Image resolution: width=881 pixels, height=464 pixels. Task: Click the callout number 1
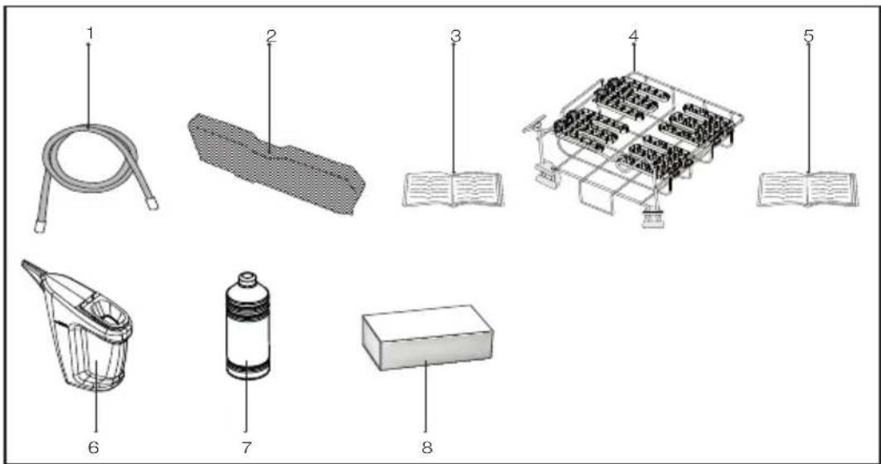pos(90,34)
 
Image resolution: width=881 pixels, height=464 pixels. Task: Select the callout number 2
pos(271,36)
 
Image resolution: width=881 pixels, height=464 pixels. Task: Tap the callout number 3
pos(455,36)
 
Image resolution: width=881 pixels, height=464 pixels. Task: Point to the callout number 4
pos(633,36)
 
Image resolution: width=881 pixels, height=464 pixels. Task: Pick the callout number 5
pos(809,36)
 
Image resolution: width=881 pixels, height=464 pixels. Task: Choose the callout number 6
pos(93,447)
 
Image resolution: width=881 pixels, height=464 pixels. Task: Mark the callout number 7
pos(246,447)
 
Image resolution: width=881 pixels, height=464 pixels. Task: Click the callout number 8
pos(427,447)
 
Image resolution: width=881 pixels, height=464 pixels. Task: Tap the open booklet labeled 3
pos(453,189)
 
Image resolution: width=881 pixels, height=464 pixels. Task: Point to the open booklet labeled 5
pos(807,189)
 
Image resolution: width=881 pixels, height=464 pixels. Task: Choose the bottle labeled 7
pos(247,326)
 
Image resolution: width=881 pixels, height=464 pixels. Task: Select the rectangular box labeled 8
pos(427,338)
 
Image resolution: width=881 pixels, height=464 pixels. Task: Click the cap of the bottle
pos(248,280)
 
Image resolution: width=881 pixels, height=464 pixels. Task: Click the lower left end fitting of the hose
pos(39,226)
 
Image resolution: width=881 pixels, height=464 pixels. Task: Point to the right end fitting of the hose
pos(153,203)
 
